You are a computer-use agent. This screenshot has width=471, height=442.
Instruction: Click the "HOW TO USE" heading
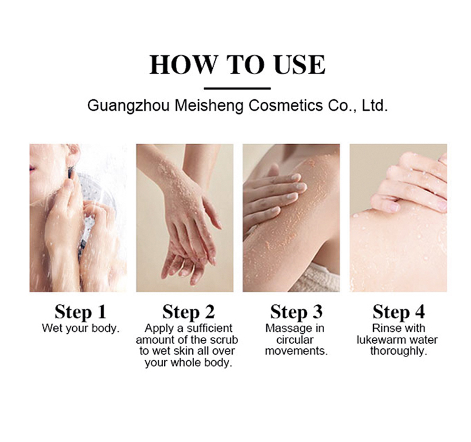click(x=237, y=65)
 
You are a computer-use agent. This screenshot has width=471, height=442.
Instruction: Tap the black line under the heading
click(x=237, y=89)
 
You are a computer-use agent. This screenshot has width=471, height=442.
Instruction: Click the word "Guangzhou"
click(x=128, y=106)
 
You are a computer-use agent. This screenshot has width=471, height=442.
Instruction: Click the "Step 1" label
click(x=80, y=312)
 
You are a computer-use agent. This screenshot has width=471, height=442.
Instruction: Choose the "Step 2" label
click(x=188, y=312)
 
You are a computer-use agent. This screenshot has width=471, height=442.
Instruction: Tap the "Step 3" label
click(x=296, y=312)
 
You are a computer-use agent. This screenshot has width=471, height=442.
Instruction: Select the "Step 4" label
click(x=399, y=312)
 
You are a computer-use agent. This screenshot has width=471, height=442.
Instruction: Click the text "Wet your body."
click(x=80, y=328)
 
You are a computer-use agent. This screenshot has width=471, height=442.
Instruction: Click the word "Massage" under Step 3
click(x=285, y=329)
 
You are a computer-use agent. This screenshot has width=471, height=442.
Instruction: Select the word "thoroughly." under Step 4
click(x=399, y=351)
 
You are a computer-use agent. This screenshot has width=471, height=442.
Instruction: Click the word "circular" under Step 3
click(x=295, y=340)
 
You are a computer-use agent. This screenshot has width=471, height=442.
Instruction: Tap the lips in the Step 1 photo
click(x=32, y=168)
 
